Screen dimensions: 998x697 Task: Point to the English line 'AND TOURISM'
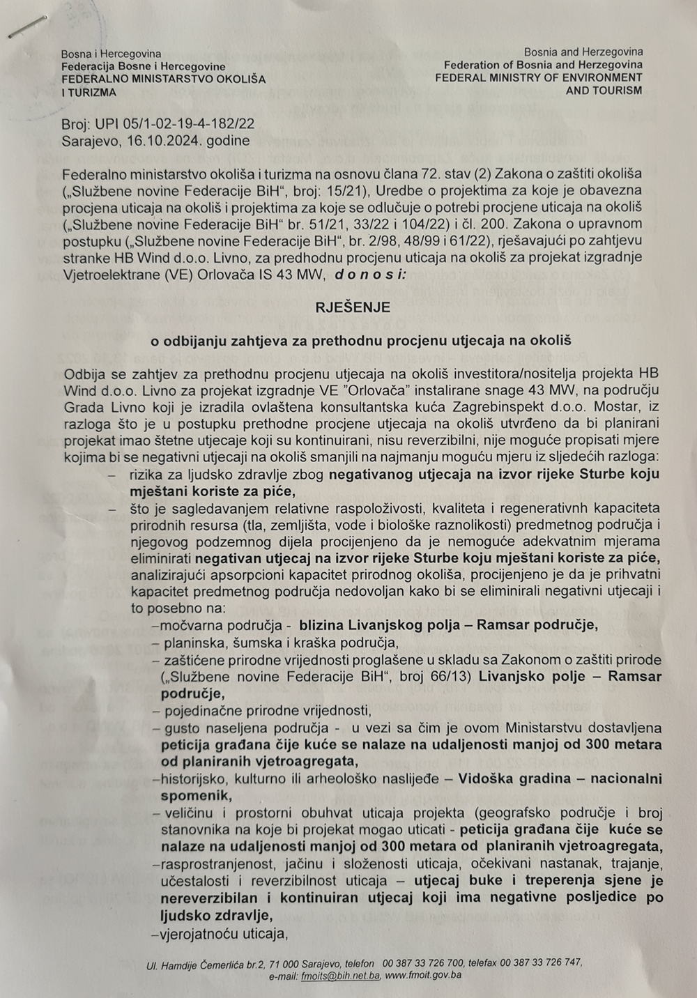tap(604, 91)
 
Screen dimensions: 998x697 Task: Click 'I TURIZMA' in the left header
tap(89, 92)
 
